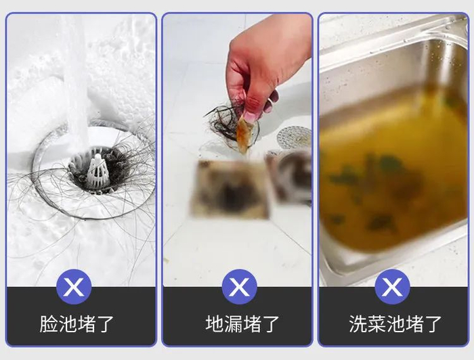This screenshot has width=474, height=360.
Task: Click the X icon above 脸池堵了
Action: point(74,287)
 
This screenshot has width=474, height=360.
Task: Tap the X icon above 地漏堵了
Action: point(240,287)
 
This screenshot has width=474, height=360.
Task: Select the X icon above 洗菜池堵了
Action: point(392,287)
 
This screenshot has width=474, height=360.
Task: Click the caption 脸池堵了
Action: point(77,324)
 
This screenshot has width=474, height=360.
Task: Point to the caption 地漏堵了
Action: point(242,324)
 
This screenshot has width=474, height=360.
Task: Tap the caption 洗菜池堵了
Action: point(395,324)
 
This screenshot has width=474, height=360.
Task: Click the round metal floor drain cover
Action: point(294,138)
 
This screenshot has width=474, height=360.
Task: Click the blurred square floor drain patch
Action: point(230,189)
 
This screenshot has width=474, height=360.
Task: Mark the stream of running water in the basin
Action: point(76,76)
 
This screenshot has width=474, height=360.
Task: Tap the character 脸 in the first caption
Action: point(49,324)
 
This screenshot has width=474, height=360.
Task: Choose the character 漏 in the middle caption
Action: point(234,324)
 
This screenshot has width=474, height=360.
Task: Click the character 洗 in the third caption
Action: point(358,324)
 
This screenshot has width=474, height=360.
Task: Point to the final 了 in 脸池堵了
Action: point(104,324)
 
